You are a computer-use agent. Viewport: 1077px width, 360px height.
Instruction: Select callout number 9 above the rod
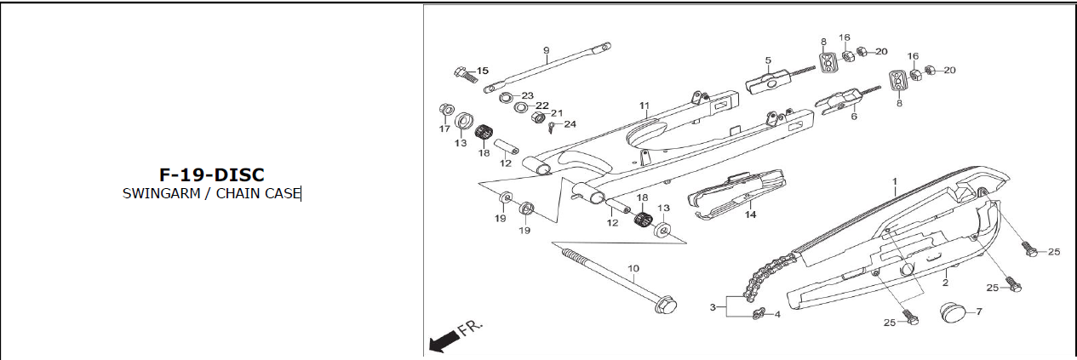[x=546, y=50]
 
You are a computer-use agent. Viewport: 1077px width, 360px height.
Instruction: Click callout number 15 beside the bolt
[x=482, y=71]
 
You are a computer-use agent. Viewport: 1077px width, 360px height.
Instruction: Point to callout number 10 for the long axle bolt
[x=633, y=269]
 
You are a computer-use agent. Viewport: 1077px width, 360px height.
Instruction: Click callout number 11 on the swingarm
[x=644, y=106]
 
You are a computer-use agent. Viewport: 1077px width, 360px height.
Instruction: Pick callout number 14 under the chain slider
[x=749, y=215]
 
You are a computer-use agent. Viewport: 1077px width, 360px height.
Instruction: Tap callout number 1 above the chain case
[x=895, y=182]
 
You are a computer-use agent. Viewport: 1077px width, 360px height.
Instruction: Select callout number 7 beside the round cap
[x=978, y=311]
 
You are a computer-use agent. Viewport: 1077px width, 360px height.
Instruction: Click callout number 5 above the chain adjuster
[x=767, y=60]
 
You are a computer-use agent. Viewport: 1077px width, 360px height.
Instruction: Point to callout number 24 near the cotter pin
[x=570, y=124]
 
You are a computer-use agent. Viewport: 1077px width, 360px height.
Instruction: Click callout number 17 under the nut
[x=444, y=129]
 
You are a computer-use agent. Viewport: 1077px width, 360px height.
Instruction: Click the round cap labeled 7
[x=952, y=311]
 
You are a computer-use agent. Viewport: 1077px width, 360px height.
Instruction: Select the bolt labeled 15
[x=460, y=73]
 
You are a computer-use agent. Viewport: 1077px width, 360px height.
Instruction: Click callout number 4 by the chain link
[x=776, y=315]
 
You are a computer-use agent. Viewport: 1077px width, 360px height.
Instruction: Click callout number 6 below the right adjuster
[x=853, y=117]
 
